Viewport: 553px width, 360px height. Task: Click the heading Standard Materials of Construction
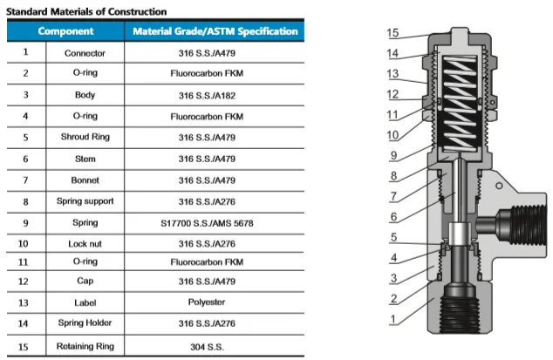pyautogui.click(x=86, y=10)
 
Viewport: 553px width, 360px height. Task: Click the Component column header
pyautogui.click(x=66, y=31)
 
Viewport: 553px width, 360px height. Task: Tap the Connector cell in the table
pyautogui.click(x=85, y=52)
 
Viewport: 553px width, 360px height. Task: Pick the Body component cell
pyautogui.click(x=85, y=94)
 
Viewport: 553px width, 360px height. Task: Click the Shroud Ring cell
pyautogui.click(x=85, y=137)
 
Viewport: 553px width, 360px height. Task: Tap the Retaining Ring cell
pyautogui.click(x=85, y=348)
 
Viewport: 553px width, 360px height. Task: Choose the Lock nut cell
pyautogui.click(x=85, y=242)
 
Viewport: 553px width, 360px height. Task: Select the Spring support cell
pyautogui.click(x=85, y=200)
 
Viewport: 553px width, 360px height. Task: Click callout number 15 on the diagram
pyautogui.click(x=393, y=33)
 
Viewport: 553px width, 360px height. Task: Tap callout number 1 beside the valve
pyautogui.click(x=393, y=319)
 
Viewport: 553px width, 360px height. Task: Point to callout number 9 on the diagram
pyautogui.click(x=393, y=156)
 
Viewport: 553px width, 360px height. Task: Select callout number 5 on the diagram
pyautogui.click(x=393, y=237)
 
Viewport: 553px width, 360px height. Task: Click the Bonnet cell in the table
pyautogui.click(x=85, y=180)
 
